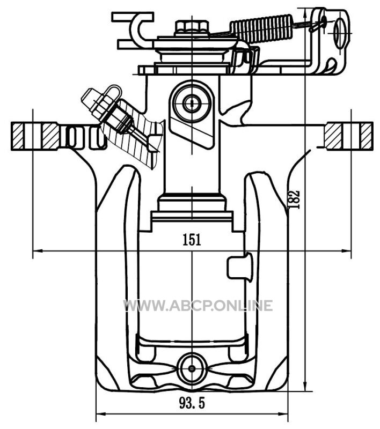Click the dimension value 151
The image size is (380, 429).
click(192, 240)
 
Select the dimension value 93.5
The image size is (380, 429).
click(192, 403)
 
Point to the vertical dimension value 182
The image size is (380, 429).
click(294, 199)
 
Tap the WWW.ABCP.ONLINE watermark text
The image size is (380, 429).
click(198, 306)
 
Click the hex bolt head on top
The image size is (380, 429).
click(192, 27)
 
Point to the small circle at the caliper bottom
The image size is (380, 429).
click(192, 368)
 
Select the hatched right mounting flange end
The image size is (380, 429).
click(348, 136)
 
